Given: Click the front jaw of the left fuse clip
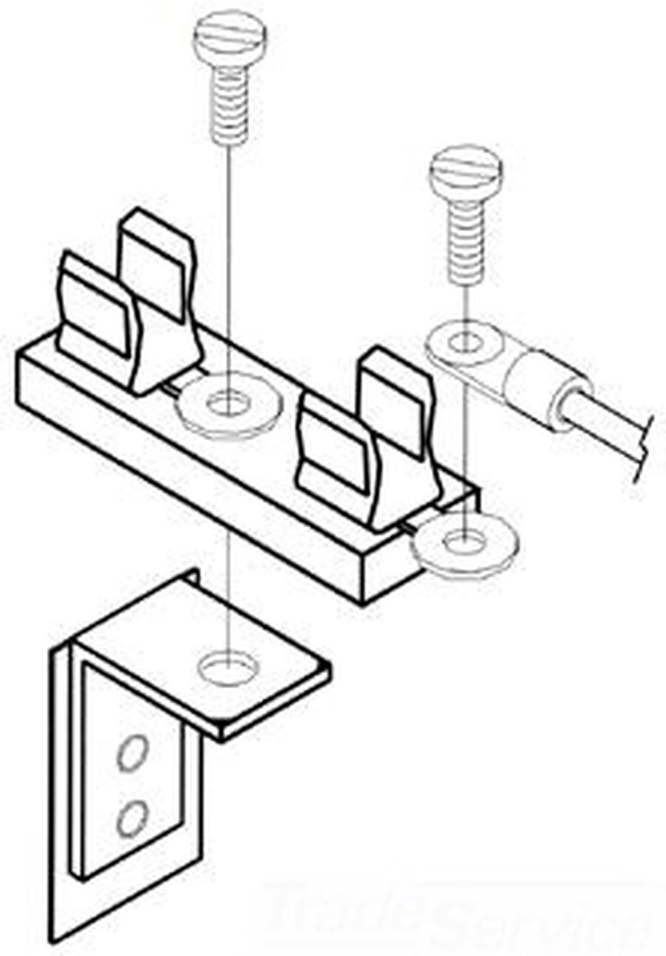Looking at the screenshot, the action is click(x=93, y=313).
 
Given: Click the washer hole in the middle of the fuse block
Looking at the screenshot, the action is click(x=226, y=404).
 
